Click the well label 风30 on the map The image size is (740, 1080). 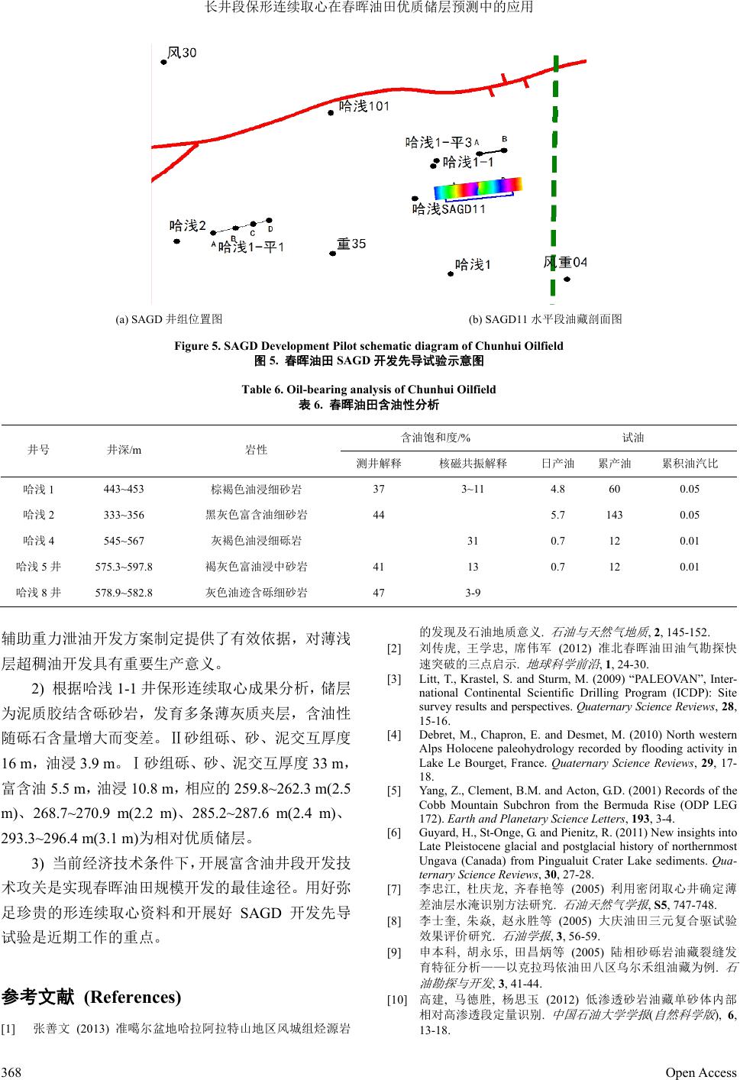182,53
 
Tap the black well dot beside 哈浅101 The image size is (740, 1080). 331,112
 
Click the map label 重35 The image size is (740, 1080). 351,244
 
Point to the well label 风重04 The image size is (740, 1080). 565,263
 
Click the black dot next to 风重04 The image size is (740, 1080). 567,280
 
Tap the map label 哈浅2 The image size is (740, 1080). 188,225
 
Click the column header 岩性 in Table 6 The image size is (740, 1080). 257,450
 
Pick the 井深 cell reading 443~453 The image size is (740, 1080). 123,489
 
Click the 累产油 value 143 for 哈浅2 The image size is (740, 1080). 614,515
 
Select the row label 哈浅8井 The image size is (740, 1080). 39,593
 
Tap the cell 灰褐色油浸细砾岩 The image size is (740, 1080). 256,541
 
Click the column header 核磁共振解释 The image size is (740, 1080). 473,464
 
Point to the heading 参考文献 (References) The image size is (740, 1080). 92,998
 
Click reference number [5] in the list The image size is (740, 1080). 394,791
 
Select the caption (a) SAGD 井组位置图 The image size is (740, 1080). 169,319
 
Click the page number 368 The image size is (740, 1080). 11,1072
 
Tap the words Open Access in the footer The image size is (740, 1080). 700,1072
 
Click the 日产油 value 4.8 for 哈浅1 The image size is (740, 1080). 557,489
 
